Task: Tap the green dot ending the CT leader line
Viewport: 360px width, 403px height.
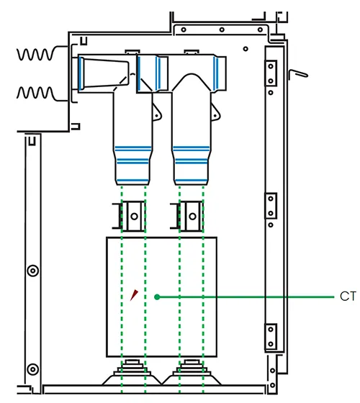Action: pos(156,296)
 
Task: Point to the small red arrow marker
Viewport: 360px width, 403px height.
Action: pos(135,294)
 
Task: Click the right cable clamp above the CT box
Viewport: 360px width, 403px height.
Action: pos(191,213)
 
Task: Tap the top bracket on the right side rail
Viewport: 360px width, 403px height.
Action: pos(271,71)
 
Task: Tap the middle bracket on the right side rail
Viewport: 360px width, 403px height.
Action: pos(271,206)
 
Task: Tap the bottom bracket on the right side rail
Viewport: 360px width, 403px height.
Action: pos(271,335)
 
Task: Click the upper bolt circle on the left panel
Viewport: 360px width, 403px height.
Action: pos(32,271)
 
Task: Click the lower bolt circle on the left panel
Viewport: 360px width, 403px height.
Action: pos(32,370)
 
